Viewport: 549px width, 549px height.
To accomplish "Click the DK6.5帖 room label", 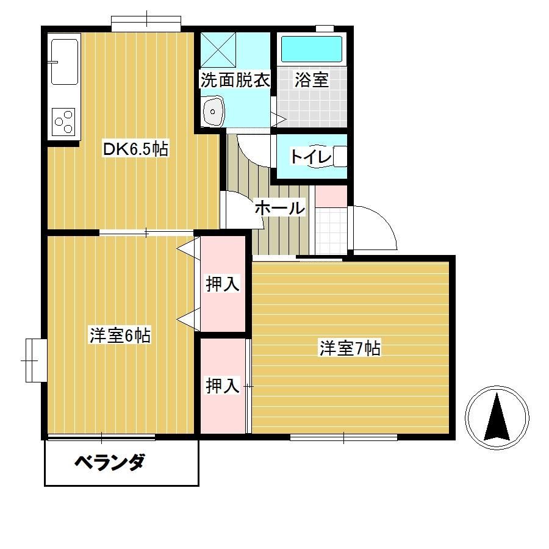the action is (135, 149).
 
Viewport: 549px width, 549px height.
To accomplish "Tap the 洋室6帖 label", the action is (120, 335).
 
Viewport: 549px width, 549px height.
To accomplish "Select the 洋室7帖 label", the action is (350, 348).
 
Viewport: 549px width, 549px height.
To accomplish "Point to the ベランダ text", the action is (110, 462).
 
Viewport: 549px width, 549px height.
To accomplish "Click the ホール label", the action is (280, 208).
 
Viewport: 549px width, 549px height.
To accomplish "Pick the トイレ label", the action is (311, 157).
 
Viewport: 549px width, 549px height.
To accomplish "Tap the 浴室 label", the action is (311, 80).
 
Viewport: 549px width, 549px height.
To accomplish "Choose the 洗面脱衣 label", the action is (235, 80).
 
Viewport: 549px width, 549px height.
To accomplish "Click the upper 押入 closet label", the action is (223, 284).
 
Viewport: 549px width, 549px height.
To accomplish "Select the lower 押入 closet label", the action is (223, 386).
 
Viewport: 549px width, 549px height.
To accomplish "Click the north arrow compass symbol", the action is (497, 417).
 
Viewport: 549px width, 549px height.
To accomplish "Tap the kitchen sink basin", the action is (65, 62).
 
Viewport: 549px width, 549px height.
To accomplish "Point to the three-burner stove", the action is (63, 122).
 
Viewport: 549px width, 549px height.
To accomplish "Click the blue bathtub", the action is (312, 49).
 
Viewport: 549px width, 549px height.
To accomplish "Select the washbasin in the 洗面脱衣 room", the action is (213, 111).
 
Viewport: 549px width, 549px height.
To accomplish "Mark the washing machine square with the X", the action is (218, 50).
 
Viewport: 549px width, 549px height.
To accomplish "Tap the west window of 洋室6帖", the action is (36, 361).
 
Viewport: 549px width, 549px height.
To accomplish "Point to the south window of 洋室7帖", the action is (343, 437).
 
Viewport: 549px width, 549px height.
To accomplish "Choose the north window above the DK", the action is (146, 23).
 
